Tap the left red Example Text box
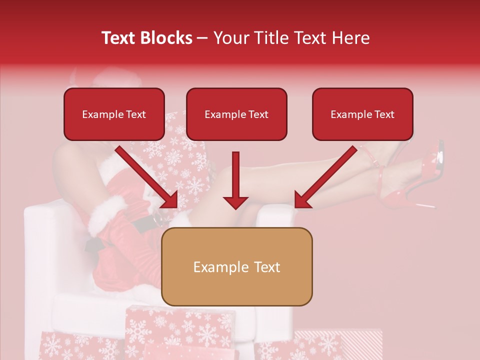pos(114,114)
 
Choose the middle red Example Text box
pos(236,114)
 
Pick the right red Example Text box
pos(362,114)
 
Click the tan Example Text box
pos(237,266)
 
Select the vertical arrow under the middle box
pos(235,180)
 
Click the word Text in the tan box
pos(266,267)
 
